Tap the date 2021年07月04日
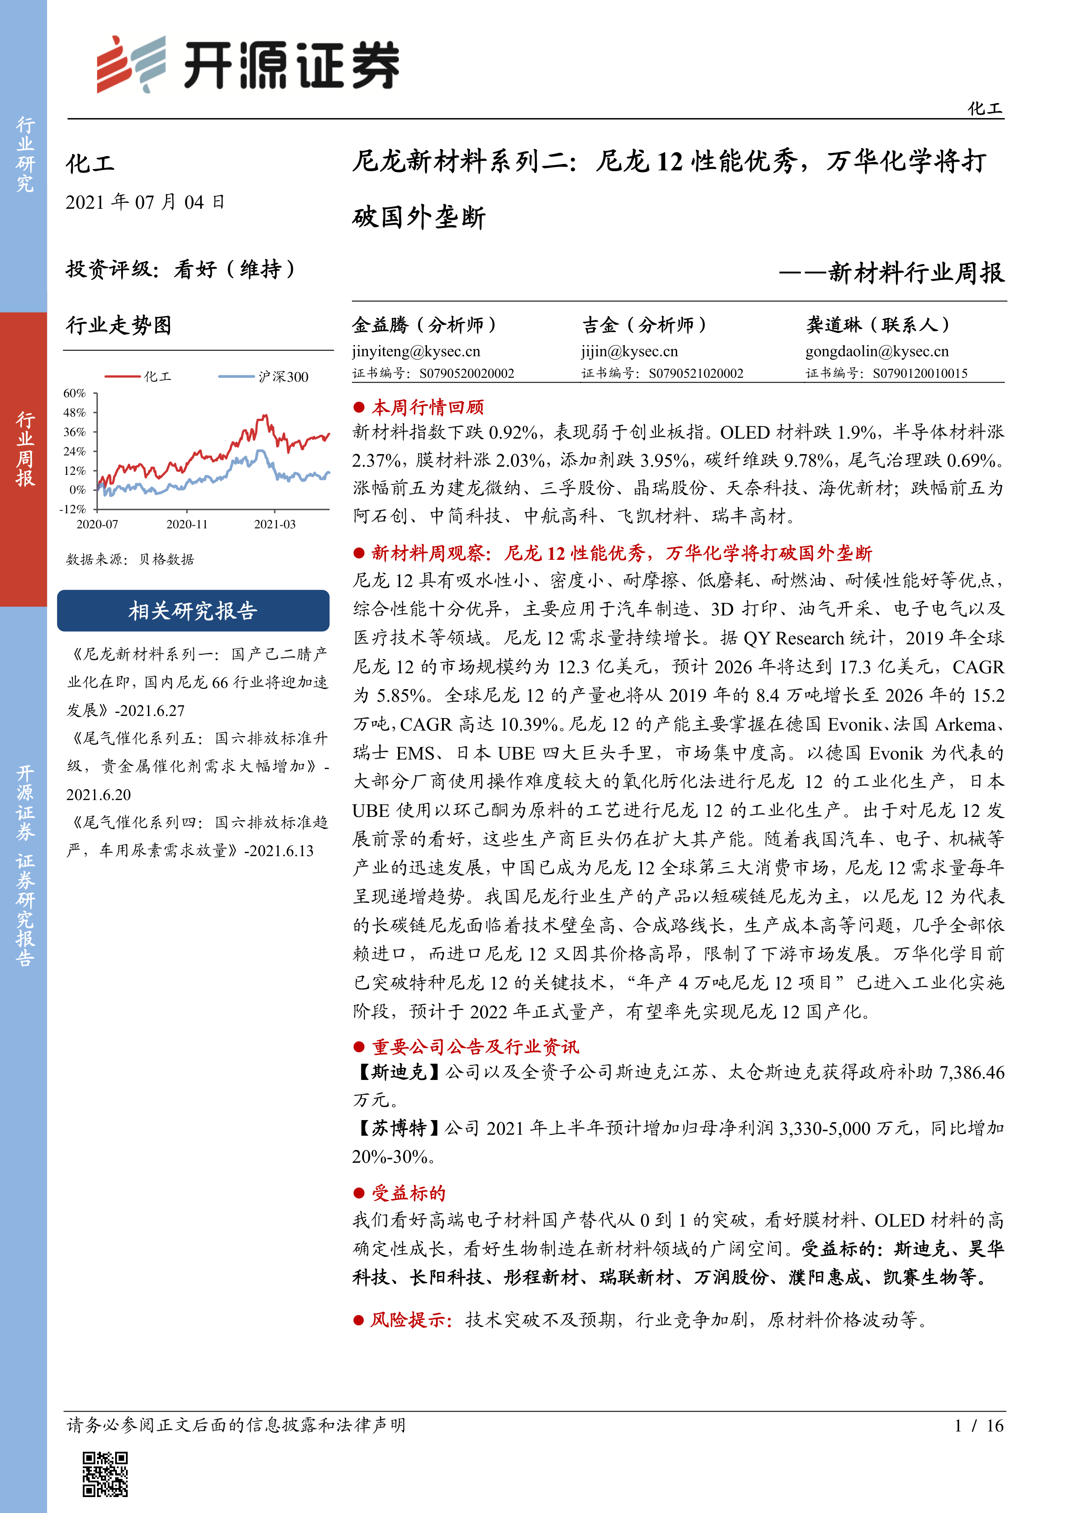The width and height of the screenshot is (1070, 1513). pyautogui.click(x=145, y=202)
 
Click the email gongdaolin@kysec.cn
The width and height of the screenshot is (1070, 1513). pyautogui.click(x=877, y=351)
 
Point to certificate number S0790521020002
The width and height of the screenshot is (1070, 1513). pyautogui.click(x=696, y=374)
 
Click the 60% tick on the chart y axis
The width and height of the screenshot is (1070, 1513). pyautogui.click(x=75, y=393)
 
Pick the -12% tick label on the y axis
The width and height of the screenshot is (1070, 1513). pyautogui.click(x=73, y=509)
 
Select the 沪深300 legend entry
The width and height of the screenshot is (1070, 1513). pyautogui.click(x=264, y=376)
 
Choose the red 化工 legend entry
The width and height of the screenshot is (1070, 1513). pyautogui.click(x=138, y=376)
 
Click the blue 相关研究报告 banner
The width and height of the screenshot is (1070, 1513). pyautogui.click(x=193, y=611)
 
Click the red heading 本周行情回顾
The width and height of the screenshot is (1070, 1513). pyautogui.click(x=427, y=407)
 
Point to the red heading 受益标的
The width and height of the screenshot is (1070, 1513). pyautogui.click(x=408, y=1193)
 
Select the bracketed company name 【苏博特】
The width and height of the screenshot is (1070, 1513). pyautogui.click(x=398, y=1128)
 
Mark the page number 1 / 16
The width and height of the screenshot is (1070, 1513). pyautogui.click(x=979, y=1425)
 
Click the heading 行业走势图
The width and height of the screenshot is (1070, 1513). pyautogui.click(x=119, y=325)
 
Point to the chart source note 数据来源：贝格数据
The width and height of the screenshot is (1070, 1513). pyautogui.click(x=130, y=559)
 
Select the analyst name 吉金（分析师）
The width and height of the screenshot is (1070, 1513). pyautogui.click(x=644, y=325)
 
